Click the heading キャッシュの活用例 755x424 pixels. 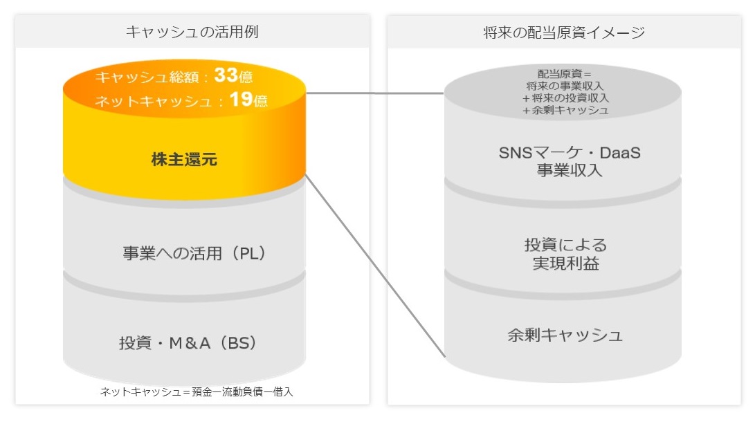pyautogui.click(x=192, y=32)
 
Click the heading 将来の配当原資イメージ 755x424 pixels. pyautogui.click(x=564, y=33)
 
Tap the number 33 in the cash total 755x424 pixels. pyautogui.click(x=226, y=75)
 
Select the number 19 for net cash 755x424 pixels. pyautogui.click(x=242, y=99)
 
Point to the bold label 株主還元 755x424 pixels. pyautogui.click(x=184, y=159)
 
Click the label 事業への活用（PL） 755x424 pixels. pyautogui.click(x=194, y=253)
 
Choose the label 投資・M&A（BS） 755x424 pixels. pyautogui.click(x=188, y=342)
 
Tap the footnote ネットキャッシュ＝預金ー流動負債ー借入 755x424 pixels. pyautogui.click(x=197, y=391)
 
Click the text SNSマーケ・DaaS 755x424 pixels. pyautogui.click(x=570, y=153)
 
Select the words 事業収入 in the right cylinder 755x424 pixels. pyautogui.click(x=570, y=170)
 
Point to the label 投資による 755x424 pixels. pyautogui.click(x=566, y=245)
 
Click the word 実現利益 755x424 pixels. pyautogui.click(x=566, y=264)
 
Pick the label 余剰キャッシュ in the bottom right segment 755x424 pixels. pyautogui.click(x=565, y=335)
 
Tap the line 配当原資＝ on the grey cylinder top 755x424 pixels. pyautogui.click(x=564, y=73)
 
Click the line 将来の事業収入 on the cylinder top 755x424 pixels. pyautogui.click(x=564, y=86)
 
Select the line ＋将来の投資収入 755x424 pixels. pyautogui.click(x=565, y=98)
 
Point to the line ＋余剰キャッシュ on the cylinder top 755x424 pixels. pyautogui.click(x=565, y=110)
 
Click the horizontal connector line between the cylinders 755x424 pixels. pyautogui.click(x=374, y=93)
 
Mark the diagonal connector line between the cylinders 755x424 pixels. pyautogui.click(x=375, y=266)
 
